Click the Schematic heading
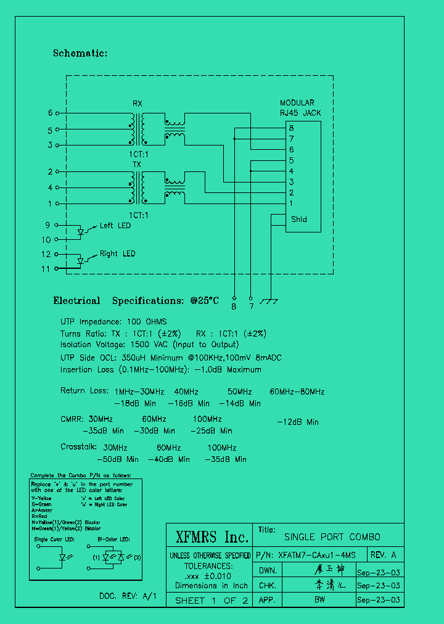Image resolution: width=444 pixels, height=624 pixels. click(80, 54)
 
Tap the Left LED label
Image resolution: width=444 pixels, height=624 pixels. click(115, 226)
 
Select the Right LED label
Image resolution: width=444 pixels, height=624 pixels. click(117, 253)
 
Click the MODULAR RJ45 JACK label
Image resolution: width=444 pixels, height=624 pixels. click(300, 108)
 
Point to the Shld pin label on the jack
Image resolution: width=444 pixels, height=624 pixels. click(298, 219)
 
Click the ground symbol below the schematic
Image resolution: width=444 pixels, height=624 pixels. click(269, 301)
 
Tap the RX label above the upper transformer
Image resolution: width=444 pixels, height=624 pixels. click(138, 103)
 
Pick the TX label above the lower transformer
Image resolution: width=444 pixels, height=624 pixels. click(137, 165)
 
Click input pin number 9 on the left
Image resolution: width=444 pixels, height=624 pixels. click(47, 225)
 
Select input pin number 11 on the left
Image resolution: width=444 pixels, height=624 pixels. click(46, 269)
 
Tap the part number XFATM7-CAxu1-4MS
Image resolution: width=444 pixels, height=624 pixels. click(317, 554)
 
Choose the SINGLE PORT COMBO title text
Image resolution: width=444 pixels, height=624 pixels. click(332, 537)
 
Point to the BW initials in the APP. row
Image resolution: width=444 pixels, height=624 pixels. click(319, 599)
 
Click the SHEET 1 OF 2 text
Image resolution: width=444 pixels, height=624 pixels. click(212, 600)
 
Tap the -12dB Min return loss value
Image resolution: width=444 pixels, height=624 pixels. click(297, 422)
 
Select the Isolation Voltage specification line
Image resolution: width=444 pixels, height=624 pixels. click(149, 345)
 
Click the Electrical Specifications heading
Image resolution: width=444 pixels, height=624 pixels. click(136, 301)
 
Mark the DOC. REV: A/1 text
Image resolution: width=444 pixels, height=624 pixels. click(128, 596)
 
